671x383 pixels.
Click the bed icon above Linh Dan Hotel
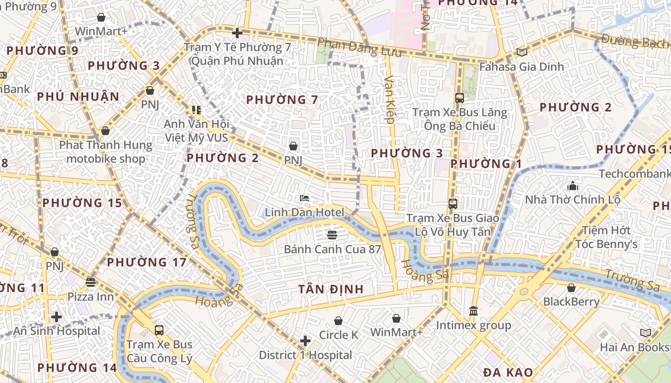[304, 198]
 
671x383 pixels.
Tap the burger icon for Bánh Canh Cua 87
[332, 235]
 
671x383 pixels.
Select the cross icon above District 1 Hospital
[305, 341]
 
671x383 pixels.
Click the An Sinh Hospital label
[57, 331]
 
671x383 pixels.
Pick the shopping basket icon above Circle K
[338, 320]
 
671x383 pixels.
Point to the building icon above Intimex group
[474, 311]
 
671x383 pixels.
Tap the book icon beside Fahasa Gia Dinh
[521, 52]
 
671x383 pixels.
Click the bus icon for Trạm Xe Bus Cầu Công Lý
[159, 330]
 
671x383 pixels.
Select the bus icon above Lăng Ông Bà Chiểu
[459, 98]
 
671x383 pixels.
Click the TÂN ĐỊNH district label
[331, 289]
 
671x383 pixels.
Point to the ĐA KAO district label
[508, 372]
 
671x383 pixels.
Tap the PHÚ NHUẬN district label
[78, 97]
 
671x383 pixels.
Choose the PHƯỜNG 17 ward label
[146, 262]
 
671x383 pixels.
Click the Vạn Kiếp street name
[389, 100]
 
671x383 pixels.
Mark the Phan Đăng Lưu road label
[359, 47]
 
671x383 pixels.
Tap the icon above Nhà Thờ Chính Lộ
[572, 186]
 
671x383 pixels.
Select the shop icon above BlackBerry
[571, 288]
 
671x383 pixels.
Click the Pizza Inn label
[91, 297]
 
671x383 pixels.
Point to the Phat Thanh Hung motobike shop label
[105, 152]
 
